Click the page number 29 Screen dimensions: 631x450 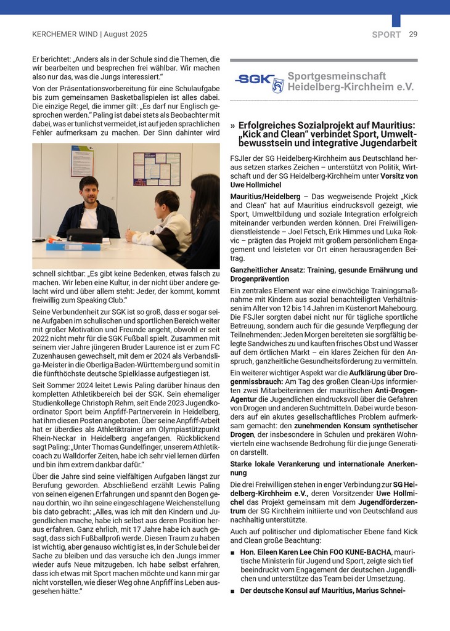click(x=413, y=35)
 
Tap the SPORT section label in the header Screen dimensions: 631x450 click(x=387, y=35)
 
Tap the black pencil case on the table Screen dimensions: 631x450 click(x=84, y=235)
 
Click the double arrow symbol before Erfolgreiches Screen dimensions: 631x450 click(x=232, y=125)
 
